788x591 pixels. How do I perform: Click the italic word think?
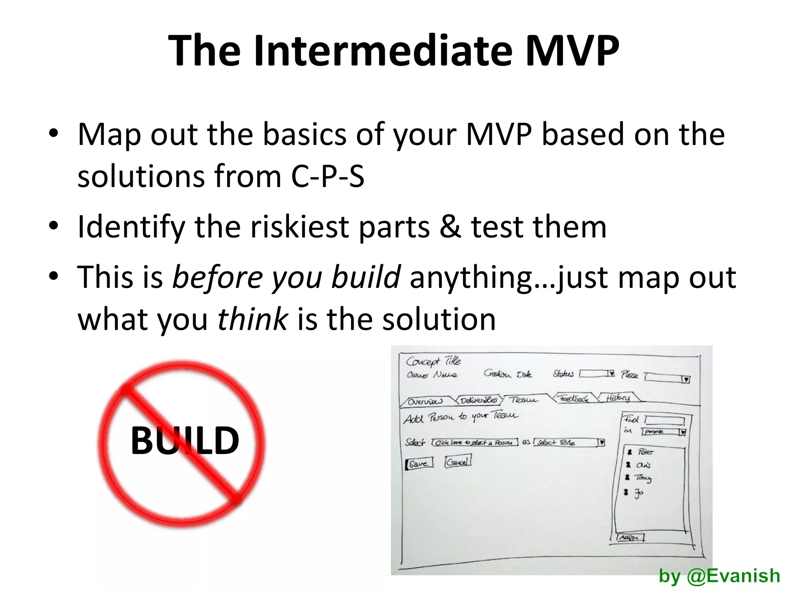(252, 319)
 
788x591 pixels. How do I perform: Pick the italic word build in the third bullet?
(366, 277)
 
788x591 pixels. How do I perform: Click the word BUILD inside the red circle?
(185, 441)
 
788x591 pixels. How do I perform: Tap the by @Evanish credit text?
(719, 576)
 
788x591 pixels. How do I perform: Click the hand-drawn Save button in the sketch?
(419, 463)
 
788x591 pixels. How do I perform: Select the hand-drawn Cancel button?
(457, 461)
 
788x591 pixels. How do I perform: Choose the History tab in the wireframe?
(618, 398)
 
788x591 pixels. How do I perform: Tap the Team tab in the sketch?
(524, 400)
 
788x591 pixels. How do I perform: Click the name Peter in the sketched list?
(645, 452)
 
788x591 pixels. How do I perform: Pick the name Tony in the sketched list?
(643, 478)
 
